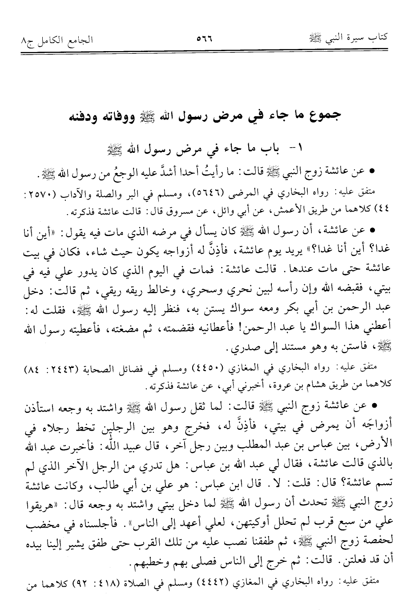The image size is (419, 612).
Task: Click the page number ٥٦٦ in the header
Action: pos(205,39)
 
